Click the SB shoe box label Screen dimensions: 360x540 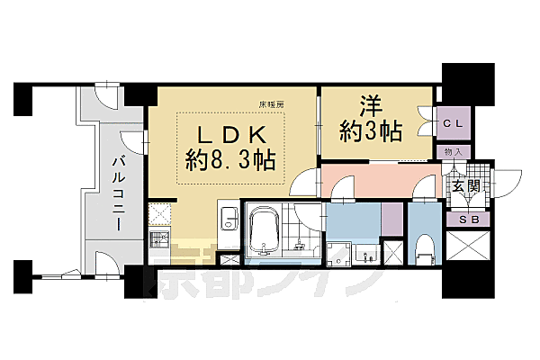coord(468,219)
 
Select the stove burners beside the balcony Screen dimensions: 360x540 coord(161,240)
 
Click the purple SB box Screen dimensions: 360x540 coord(468,219)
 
